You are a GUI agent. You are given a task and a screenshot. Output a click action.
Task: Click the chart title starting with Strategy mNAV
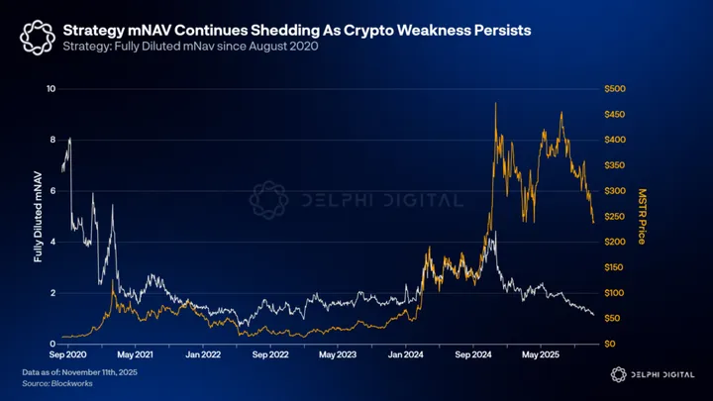point(297,31)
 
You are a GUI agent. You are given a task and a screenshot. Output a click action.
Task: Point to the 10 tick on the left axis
point(51,89)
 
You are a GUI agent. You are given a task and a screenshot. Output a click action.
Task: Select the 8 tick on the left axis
point(52,141)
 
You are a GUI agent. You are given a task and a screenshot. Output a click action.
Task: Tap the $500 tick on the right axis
point(616,89)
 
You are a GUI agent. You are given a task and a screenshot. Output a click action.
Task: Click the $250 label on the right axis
point(616,217)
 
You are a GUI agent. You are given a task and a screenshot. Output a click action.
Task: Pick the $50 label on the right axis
point(614,319)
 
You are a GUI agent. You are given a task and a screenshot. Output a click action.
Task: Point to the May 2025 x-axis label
point(543,353)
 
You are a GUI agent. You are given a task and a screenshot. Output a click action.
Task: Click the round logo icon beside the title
point(32,38)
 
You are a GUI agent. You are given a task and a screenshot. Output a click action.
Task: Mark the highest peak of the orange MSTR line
point(495,103)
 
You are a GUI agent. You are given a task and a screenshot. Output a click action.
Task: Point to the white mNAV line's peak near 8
point(69,139)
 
